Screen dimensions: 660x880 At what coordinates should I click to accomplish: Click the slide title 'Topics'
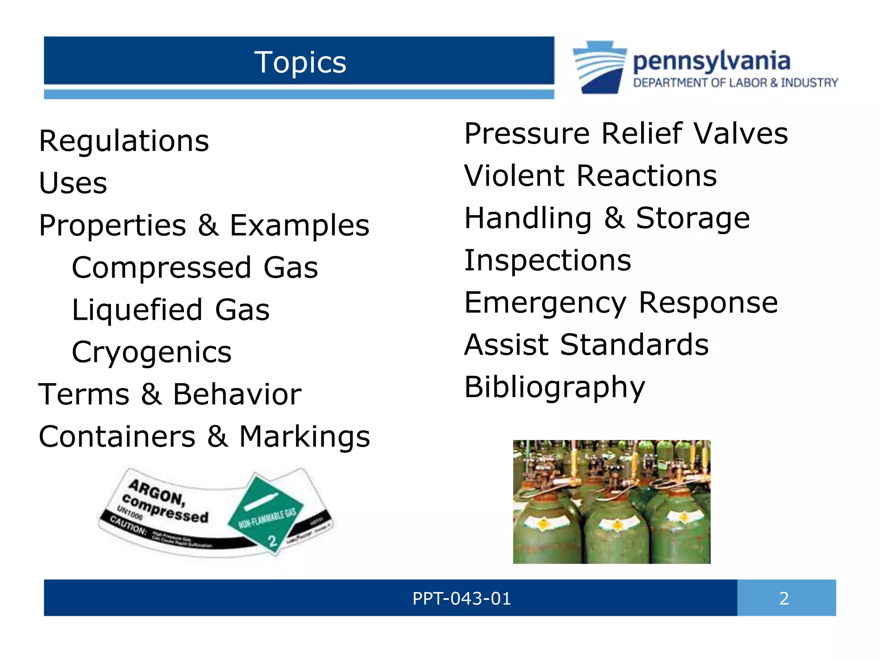pos(300,62)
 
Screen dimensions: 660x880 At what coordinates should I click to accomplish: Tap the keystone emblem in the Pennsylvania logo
pos(600,67)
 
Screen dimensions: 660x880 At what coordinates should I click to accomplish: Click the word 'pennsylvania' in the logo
pos(712,61)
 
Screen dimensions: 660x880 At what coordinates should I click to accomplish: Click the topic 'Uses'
pos(73,183)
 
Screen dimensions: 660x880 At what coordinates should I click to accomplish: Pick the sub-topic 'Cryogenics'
pos(152,352)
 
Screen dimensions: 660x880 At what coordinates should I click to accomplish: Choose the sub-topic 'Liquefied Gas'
pos(171,310)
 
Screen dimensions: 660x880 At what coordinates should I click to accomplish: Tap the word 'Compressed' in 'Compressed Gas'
pos(162,267)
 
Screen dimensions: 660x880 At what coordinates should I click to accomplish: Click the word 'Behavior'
pos(237,394)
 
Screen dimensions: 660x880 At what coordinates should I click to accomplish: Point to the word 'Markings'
pos(305,437)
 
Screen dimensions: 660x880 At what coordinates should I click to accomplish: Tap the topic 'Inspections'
pos(548,260)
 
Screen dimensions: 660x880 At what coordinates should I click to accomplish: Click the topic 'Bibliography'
pos(555,387)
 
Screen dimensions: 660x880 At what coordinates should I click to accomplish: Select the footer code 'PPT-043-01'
pos(462,598)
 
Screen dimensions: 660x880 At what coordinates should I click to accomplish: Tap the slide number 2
pos(784,598)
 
